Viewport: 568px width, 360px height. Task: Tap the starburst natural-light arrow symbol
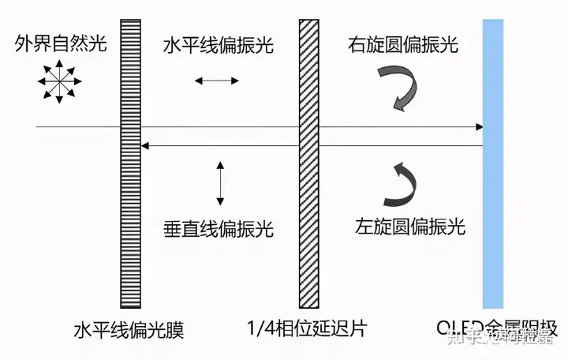point(58,82)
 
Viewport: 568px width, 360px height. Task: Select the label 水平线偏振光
point(218,46)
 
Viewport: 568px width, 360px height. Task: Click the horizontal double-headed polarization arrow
point(216,80)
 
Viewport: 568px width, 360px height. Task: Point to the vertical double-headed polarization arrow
point(220,182)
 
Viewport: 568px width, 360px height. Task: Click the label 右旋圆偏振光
point(402,44)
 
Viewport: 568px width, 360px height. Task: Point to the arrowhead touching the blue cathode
point(478,126)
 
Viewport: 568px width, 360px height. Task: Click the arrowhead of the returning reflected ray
point(145,145)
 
